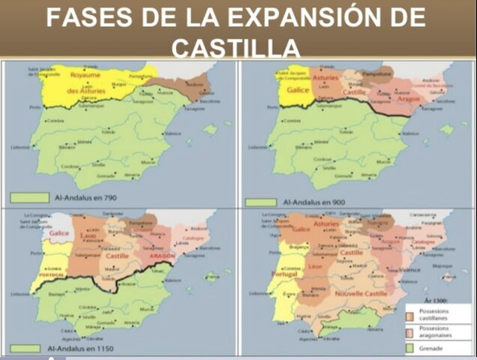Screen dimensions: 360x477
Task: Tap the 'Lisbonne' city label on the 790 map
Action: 20,148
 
